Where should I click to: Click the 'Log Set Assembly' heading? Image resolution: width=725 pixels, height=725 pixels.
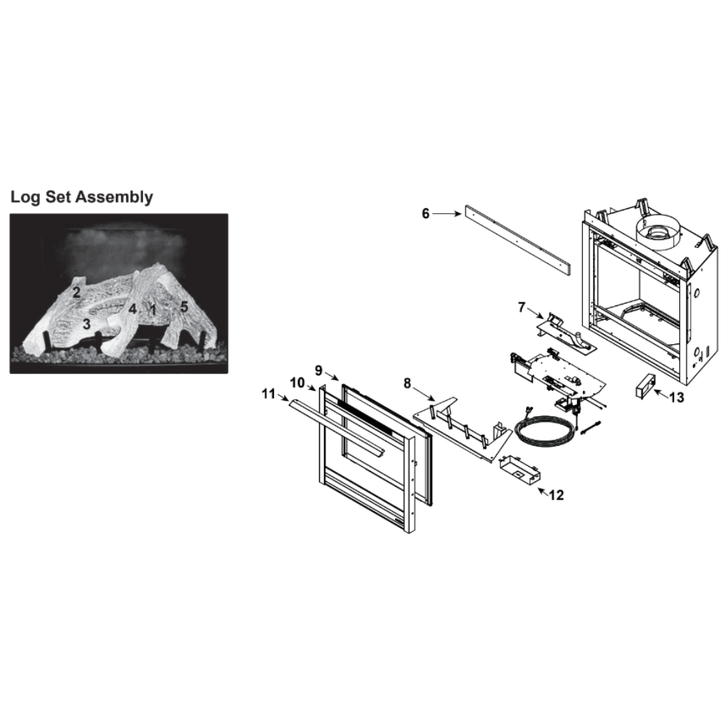[81, 197]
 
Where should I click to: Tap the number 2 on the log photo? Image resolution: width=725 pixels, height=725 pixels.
[76, 292]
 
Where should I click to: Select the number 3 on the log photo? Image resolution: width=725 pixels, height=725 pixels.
[86, 324]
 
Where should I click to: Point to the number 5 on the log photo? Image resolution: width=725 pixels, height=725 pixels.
[184, 307]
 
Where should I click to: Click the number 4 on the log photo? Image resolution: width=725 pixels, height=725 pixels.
[133, 309]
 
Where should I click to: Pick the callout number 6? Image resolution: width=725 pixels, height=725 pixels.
[426, 214]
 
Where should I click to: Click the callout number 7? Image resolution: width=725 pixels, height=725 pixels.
[522, 307]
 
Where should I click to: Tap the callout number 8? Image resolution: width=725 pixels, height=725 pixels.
[407, 384]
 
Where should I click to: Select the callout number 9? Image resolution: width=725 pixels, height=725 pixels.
[318, 370]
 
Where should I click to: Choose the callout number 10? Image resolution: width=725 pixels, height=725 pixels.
[297, 383]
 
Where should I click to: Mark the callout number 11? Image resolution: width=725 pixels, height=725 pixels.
[268, 394]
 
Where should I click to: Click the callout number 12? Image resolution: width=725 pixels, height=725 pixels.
[557, 495]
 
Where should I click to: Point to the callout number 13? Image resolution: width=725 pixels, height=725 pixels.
[676, 397]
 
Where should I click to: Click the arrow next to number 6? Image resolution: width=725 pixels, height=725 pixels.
[447, 214]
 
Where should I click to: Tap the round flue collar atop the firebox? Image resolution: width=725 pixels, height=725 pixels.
[660, 231]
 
